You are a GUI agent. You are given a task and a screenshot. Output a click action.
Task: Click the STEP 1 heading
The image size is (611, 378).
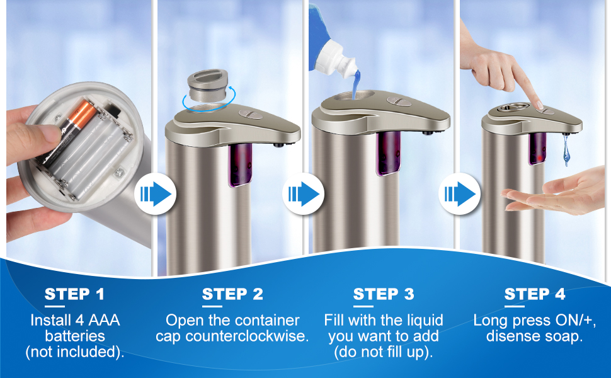[75, 294]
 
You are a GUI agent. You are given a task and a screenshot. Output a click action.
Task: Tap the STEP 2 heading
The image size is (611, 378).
[232, 294]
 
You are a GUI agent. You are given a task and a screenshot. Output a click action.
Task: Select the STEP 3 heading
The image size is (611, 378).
[384, 294]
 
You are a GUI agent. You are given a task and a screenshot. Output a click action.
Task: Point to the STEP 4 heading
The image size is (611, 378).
[535, 294]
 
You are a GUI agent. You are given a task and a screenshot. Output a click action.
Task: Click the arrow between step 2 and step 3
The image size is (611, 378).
[304, 194]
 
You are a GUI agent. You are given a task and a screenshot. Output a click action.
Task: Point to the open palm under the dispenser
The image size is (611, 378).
[554, 195]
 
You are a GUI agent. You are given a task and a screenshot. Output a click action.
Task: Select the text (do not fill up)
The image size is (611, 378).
[384, 352]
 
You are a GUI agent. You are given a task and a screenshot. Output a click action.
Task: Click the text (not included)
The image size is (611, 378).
[75, 352]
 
